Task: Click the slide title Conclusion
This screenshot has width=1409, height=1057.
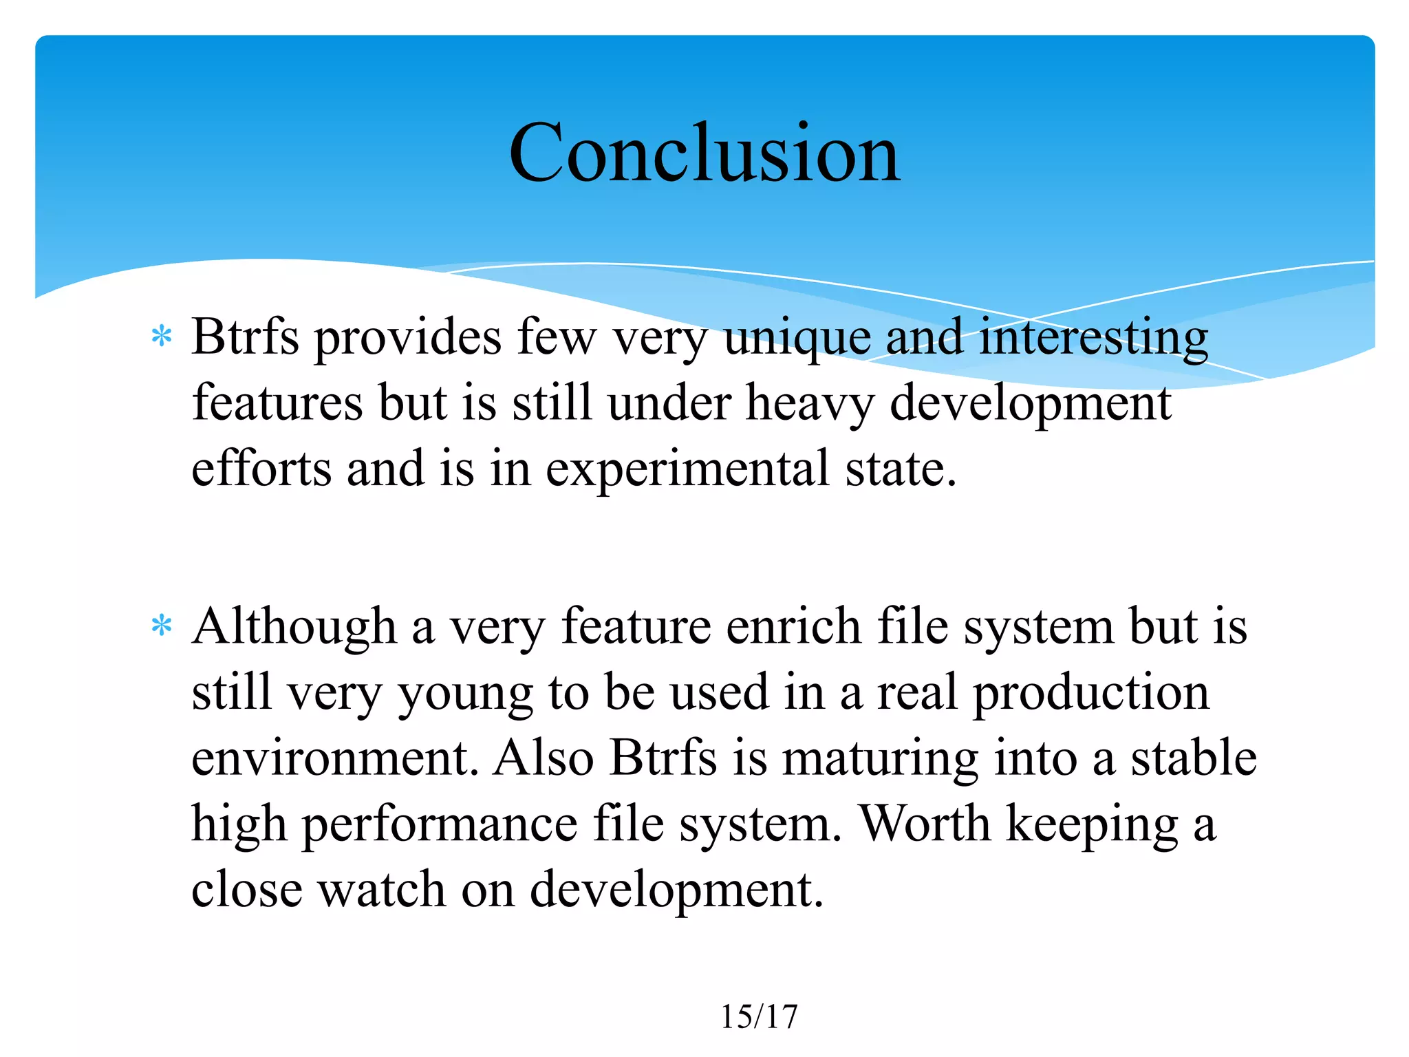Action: click(x=704, y=153)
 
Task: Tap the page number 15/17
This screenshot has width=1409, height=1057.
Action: click(x=759, y=1016)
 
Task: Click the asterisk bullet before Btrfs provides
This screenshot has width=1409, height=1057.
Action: click(x=162, y=337)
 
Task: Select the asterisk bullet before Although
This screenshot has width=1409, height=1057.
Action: click(x=162, y=626)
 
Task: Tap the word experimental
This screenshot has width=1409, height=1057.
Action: click(x=687, y=470)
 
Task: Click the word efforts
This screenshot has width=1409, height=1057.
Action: click(x=261, y=469)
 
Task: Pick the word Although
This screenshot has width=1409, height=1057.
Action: click(x=294, y=628)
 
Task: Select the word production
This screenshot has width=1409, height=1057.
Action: click(x=1090, y=693)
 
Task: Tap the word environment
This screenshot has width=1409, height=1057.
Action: click(x=334, y=758)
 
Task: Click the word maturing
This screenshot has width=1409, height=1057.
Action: click(x=880, y=759)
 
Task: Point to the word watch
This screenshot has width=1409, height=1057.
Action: click(x=382, y=889)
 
